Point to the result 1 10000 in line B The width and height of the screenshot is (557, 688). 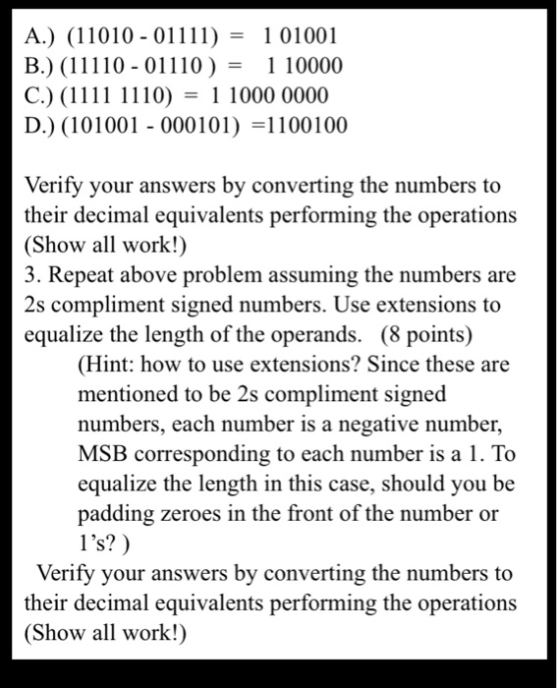click(305, 67)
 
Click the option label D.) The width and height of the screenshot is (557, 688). click(40, 126)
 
